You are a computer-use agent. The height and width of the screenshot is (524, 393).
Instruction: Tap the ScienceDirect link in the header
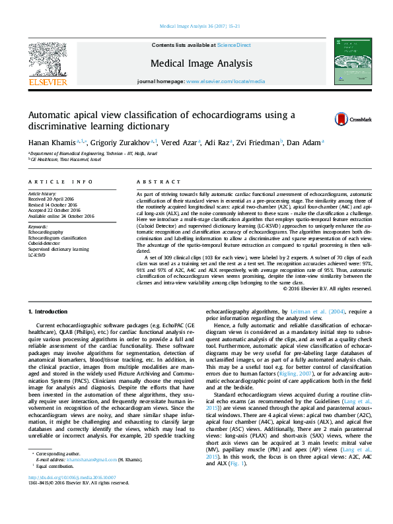[x=234, y=45]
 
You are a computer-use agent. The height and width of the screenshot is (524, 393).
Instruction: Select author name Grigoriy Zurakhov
[x=124, y=142]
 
